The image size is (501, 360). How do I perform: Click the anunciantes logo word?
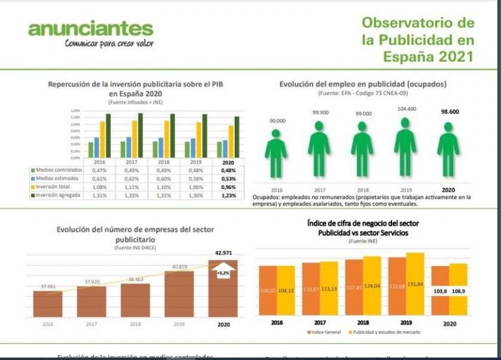point(91,29)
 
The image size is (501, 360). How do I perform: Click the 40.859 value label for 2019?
point(179,266)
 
